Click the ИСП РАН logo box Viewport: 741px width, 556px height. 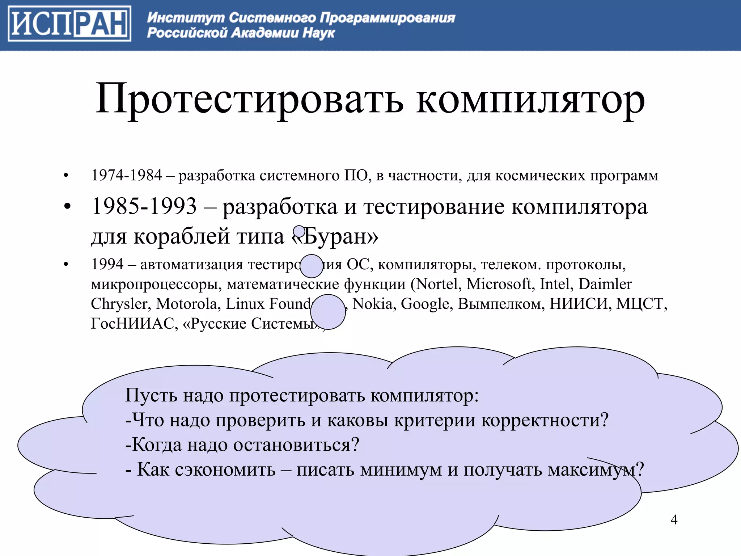[x=69, y=24]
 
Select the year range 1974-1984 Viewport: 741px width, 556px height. [x=126, y=176]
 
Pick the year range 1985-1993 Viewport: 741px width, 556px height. [x=144, y=207]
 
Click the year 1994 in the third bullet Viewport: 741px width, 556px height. [x=107, y=264]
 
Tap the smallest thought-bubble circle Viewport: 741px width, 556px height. [x=299, y=231]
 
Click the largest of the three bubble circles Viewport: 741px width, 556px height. [x=328, y=312]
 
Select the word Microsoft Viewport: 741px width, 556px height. [x=499, y=284]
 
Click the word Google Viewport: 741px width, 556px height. [x=425, y=304]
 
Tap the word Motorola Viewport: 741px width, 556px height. [x=186, y=304]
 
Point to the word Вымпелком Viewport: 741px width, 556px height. [x=501, y=304]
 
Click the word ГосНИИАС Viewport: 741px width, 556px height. [x=132, y=324]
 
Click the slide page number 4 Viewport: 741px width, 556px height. [x=674, y=520]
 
